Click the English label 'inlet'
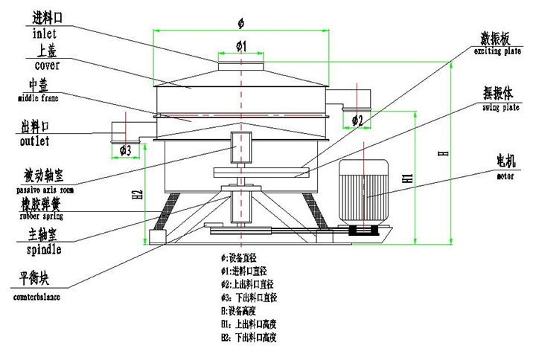coord(45,33)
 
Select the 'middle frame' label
coord(38,97)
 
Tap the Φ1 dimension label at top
coord(241,47)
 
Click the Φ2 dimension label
coord(357,120)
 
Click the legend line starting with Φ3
coord(249,297)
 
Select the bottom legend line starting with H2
coord(249,338)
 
